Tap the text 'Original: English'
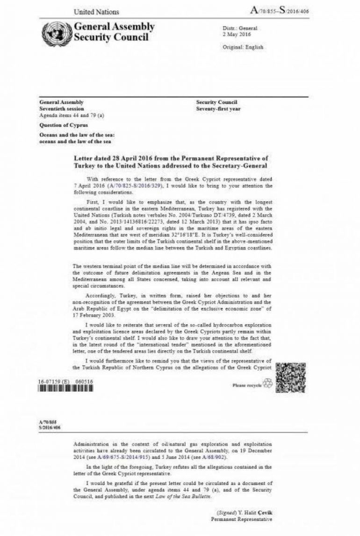pyautogui.click(x=243, y=47)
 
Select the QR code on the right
pyautogui.click(x=290, y=377)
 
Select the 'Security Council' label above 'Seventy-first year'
pyautogui.click(x=216, y=102)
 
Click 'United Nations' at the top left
pyautogui.click(x=96, y=12)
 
